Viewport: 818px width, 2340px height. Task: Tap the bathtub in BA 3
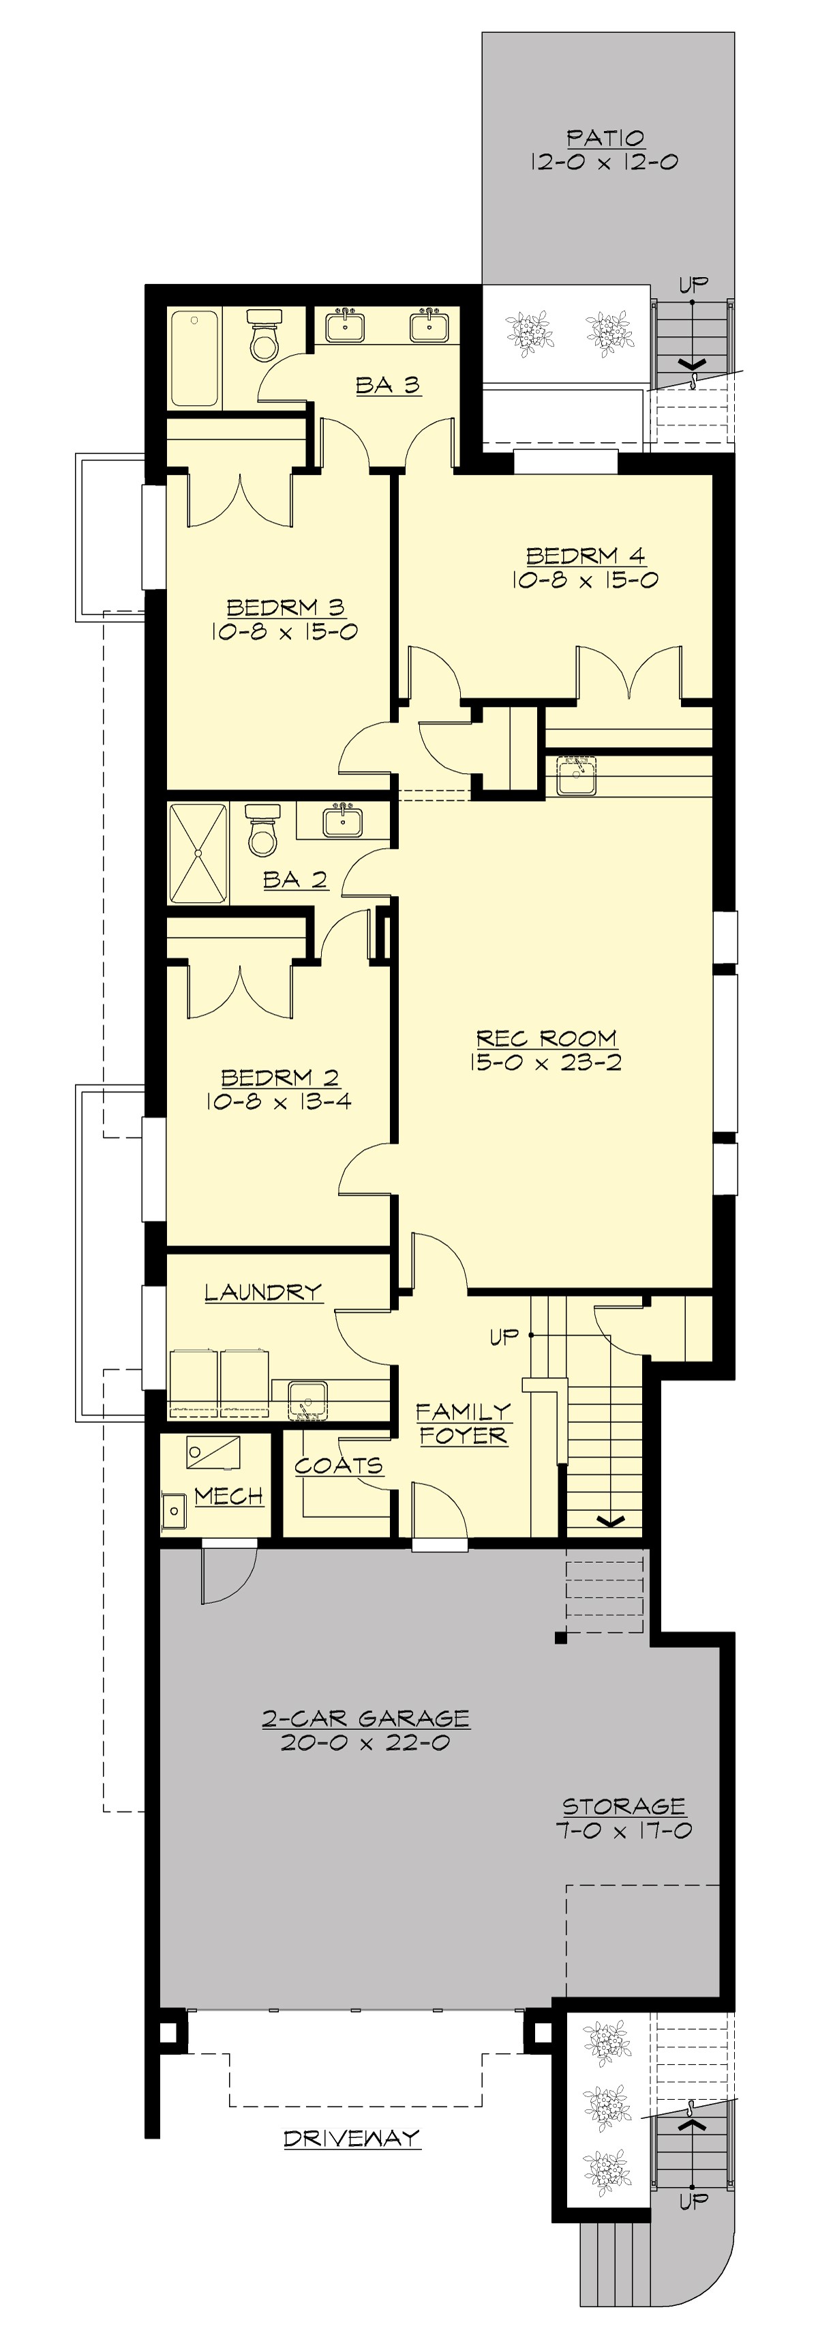pos(194,358)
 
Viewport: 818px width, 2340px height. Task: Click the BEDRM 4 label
pos(585,555)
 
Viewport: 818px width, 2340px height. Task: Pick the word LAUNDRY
pos(262,1292)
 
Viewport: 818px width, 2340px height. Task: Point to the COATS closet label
pos(337,1465)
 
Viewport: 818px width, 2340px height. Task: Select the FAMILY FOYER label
pos(463,1424)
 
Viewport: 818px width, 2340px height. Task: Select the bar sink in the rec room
pos(575,776)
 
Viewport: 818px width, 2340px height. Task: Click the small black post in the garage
pos(560,1638)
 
